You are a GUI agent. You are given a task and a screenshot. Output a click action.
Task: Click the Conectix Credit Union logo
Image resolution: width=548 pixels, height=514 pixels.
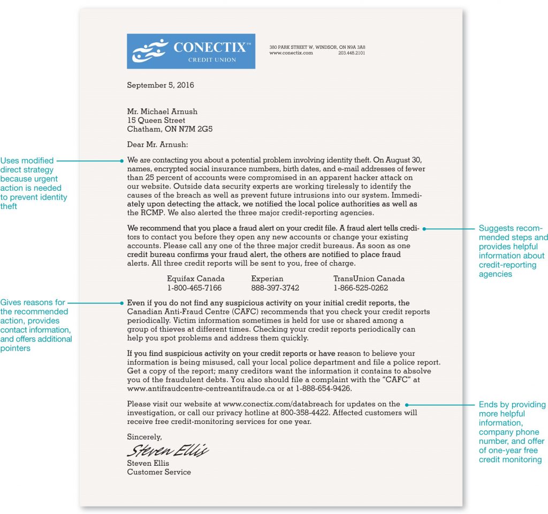(191, 51)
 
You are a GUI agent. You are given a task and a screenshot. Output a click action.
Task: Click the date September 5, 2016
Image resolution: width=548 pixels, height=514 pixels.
(160, 85)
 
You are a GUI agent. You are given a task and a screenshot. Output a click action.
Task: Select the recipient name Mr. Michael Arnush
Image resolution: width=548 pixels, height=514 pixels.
(162, 111)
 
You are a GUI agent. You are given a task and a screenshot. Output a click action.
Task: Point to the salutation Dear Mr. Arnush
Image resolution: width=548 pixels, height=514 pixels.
(158, 144)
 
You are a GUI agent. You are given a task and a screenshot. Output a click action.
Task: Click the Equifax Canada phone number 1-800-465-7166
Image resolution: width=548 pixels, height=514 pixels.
(194, 288)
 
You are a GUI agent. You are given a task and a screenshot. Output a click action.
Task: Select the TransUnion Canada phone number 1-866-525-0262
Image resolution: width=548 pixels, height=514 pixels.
(361, 288)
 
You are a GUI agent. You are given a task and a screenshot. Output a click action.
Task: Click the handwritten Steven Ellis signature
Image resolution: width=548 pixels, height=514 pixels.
(168, 449)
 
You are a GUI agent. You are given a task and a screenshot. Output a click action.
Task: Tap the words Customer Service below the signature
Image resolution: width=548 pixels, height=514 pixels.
(158, 472)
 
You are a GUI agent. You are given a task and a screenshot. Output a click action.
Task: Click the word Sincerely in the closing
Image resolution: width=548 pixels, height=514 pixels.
(144, 437)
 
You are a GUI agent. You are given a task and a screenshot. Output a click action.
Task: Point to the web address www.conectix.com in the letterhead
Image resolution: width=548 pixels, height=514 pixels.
(291, 53)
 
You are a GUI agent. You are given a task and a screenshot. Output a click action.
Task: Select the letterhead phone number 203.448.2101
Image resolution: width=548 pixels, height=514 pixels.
(352, 53)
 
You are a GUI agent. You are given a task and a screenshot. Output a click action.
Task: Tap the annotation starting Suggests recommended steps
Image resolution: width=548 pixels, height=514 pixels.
(512, 251)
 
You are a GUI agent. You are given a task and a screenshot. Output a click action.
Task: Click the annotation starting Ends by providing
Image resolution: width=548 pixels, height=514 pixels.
(512, 432)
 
